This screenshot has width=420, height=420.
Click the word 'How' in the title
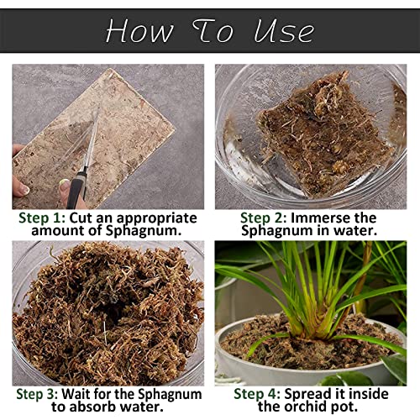(x=138, y=31)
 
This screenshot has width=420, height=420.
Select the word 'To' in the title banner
(x=212, y=31)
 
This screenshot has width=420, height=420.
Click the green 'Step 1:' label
(x=42, y=218)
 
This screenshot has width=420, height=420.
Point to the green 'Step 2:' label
(x=267, y=218)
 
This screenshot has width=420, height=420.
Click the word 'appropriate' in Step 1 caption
(x=152, y=218)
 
